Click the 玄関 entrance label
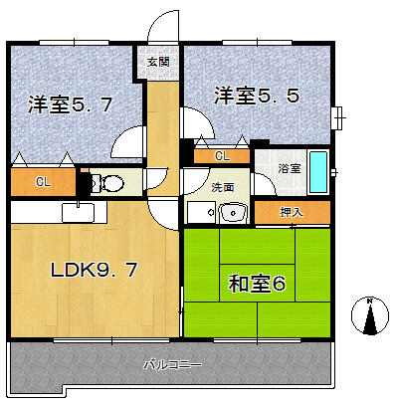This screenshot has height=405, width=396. click(158, 62)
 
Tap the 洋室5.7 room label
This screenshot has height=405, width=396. click(70, 105)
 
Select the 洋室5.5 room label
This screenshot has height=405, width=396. click(257, 95)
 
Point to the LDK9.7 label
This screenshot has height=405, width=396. click(94, 270)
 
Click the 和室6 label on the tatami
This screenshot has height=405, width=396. click(257, 284)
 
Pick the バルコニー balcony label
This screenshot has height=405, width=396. click(172, 365)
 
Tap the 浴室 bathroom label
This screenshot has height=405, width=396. click(290, 169)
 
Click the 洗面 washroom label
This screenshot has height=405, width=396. click(223, 187)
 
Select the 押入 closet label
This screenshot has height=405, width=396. click(292, 212)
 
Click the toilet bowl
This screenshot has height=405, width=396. click(107, 182)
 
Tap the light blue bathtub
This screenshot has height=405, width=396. click(317, 172)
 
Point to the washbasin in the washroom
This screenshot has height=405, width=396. click(233, 213)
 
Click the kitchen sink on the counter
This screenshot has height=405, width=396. click(79, 212)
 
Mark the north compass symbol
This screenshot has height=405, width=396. click(370, 314)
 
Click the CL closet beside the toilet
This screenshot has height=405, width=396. click(43, 182)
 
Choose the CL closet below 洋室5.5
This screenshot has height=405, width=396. click(222, 156)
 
